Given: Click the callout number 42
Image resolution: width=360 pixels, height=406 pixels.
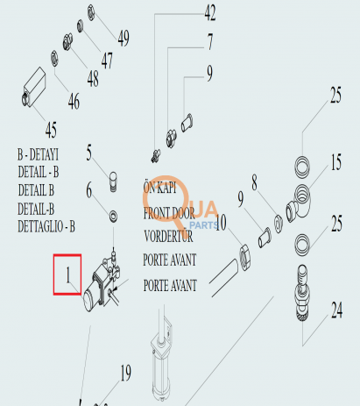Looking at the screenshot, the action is click(x=210, y=13).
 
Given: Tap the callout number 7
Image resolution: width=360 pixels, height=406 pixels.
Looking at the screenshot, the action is click(x=210, y=41).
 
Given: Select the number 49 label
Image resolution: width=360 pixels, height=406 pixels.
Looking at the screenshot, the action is click(x=124, y=38).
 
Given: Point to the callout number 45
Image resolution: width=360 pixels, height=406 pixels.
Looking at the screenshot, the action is click(x=51, y=130).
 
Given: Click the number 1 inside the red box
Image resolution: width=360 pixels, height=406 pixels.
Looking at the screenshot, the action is click(x=68, y=274).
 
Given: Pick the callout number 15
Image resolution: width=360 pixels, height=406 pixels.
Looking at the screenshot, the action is click(x=335, y=162).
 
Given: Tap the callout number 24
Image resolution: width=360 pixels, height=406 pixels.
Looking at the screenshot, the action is click(x=336, y=310).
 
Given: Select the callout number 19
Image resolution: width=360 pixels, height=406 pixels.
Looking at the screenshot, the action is click(x=125, y=373).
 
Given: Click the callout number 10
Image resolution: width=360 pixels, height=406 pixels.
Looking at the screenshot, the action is click(x=221, y=223).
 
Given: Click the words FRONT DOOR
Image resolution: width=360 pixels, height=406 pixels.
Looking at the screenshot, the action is click(x=169, y=213).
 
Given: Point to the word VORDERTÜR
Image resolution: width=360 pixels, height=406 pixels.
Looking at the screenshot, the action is click(x=168, y=236).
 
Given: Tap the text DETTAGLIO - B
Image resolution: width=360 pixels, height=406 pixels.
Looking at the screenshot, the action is click(x=46, y=226).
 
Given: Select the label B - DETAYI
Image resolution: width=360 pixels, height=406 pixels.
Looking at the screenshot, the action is click(x=38, y=154).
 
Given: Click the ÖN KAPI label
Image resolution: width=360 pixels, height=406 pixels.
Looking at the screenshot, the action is click(x=159, y=187).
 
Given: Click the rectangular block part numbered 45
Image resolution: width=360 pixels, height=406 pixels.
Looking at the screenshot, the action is click(x=34, y=87).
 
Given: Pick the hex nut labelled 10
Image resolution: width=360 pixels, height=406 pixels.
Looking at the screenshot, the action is click(x=244, y=257).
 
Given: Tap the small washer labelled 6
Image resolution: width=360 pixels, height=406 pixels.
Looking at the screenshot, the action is click(x=113, y=217).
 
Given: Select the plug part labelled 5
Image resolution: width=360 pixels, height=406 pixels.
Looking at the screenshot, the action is click(x=113, y=182).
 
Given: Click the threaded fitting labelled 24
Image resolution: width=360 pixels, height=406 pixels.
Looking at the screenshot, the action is click(x=302, y=293).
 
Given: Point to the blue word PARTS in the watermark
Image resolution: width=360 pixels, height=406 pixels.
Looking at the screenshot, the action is click(x=204, y=225).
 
